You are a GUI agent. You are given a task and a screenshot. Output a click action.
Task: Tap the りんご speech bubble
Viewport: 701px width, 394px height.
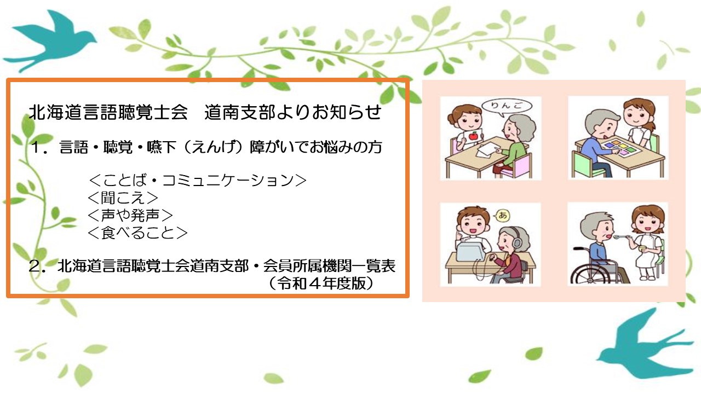click(507, 106)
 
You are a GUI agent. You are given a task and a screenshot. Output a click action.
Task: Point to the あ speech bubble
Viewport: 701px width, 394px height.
click(502, 215)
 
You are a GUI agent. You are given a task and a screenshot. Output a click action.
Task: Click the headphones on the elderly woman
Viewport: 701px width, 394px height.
click(516, 241)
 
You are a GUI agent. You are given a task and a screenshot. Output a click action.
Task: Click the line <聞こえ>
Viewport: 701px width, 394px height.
click(123, 198)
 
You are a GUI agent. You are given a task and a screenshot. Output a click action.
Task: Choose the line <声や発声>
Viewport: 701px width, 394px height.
click(130, 215)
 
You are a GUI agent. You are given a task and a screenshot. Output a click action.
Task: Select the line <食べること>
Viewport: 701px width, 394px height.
click(137, 233)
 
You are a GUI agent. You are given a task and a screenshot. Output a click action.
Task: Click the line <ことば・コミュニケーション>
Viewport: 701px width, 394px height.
click(198, 180)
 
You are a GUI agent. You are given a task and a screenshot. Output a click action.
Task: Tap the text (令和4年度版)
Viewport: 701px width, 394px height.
click(321, 283)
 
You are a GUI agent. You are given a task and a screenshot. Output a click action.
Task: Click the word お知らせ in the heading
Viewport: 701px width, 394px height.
click(346, 112)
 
